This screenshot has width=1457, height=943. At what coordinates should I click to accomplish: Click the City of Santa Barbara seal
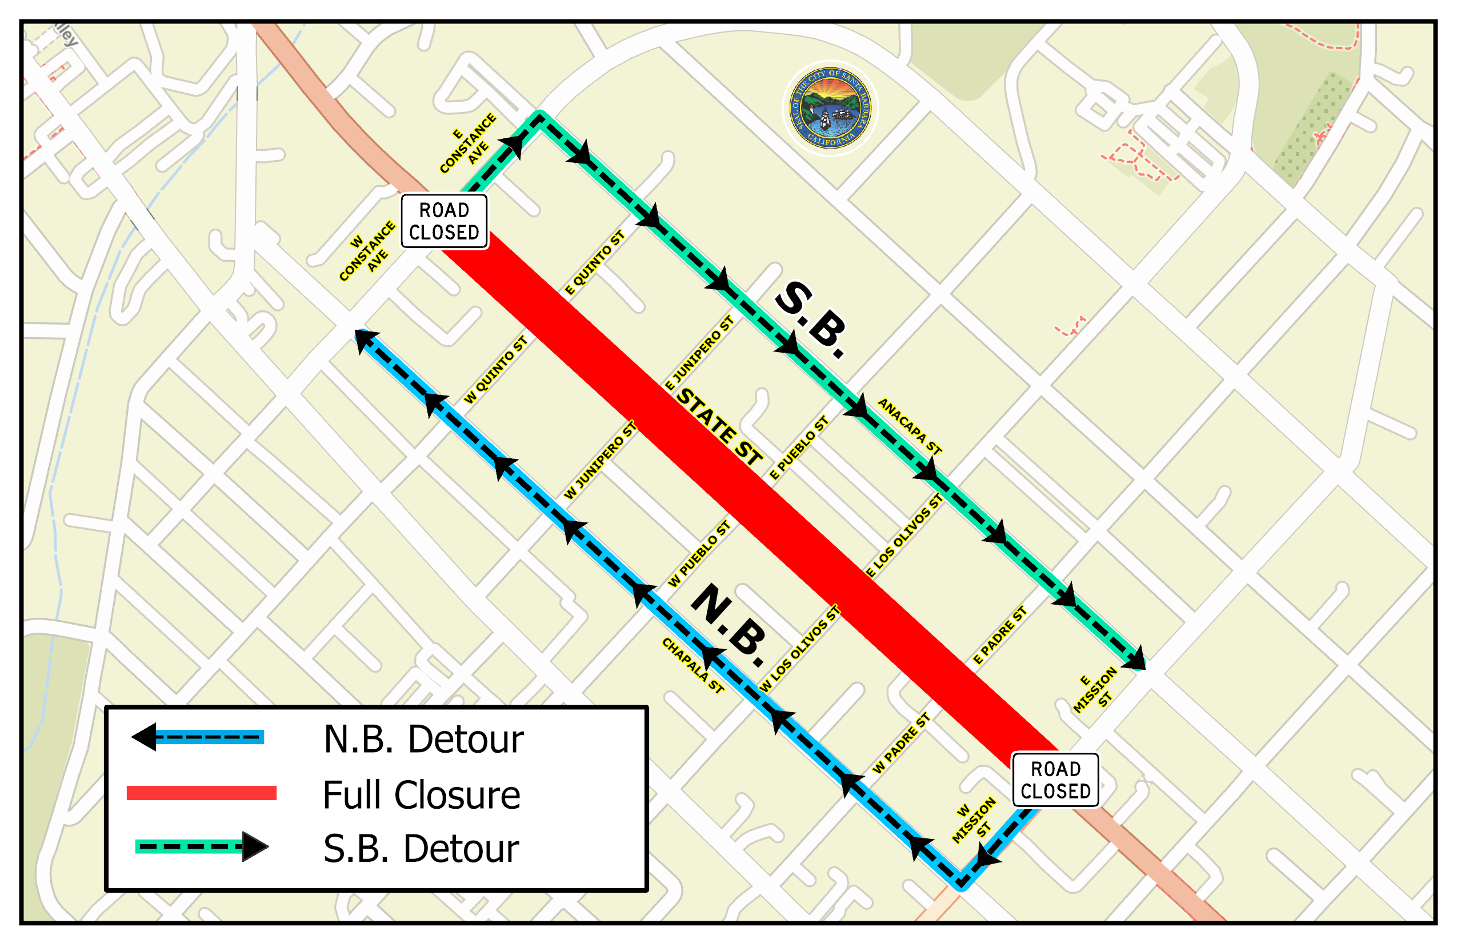(x=830, y=109)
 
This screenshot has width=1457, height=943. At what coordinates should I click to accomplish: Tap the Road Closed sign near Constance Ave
(x=444, y=221)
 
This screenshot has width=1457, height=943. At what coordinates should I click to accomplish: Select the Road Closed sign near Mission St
(x=1055, y=780)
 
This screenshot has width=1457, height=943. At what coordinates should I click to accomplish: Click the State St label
(x=720, y=427)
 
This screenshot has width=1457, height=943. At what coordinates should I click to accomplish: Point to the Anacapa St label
(x=909, y=426)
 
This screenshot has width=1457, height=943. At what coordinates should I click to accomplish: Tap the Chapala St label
(x=693, y=665)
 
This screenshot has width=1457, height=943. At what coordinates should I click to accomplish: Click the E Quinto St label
(x=594, y=263)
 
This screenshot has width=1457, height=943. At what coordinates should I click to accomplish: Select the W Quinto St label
(x=495, y=370)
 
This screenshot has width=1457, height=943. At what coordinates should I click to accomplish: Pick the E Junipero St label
(x=699, y=353)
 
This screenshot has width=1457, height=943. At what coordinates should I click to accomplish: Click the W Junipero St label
(x=600, y=460)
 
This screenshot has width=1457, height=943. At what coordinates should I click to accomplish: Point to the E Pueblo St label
(x=798, y=447)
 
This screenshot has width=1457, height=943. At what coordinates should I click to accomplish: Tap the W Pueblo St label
(x=699, y=554)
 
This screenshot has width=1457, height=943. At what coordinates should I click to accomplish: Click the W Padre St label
(x=900, y=743)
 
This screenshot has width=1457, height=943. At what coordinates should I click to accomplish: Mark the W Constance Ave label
(x=369, y=252)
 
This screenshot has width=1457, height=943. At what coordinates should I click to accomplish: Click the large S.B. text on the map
(x=811, y=319)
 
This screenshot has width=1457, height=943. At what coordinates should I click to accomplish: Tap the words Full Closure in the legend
(x=421, y=795)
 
